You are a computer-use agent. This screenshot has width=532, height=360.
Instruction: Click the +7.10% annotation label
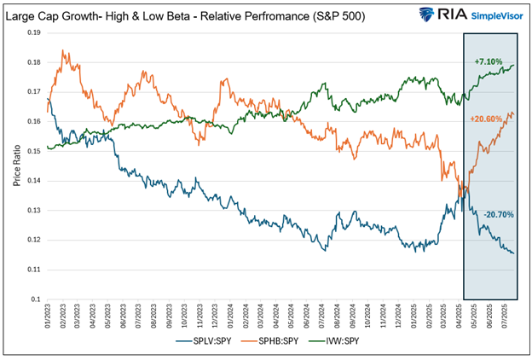point(489,61)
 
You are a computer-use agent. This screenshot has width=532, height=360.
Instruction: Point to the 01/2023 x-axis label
point(49,317)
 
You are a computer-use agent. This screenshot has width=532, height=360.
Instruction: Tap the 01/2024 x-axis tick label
point(231,317)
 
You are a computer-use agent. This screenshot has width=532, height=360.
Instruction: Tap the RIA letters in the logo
point(443,15)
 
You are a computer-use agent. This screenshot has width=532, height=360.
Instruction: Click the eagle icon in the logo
point(418,15)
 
